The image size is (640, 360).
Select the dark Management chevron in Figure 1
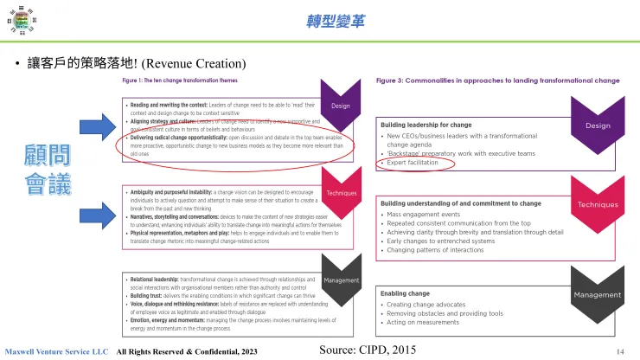tap(340, 281)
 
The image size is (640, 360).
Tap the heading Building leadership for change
tap(426, 125)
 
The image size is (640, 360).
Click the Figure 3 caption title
tap(498, 80)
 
